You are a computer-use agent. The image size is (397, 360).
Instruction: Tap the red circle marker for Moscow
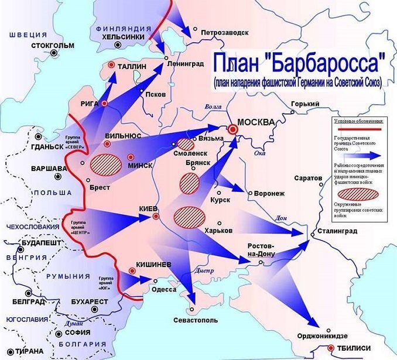[x=234, y=129]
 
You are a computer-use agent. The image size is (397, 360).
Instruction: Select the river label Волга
[x=213, y=107]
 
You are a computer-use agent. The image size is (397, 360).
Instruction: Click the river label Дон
[x=280, y=218]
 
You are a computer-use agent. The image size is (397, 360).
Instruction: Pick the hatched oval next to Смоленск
[x=186, y=144]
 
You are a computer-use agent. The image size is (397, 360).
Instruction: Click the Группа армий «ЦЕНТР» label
[x=82, y=228]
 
